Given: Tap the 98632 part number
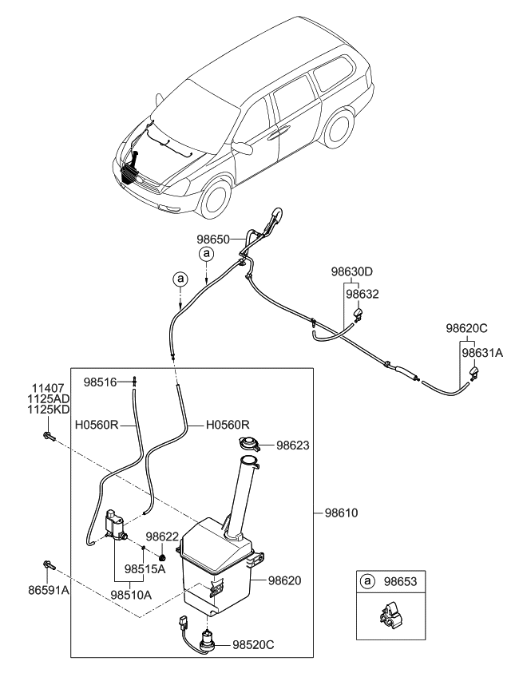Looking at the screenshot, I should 362,294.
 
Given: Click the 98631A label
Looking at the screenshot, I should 481,350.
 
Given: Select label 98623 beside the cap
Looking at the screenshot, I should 294,446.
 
